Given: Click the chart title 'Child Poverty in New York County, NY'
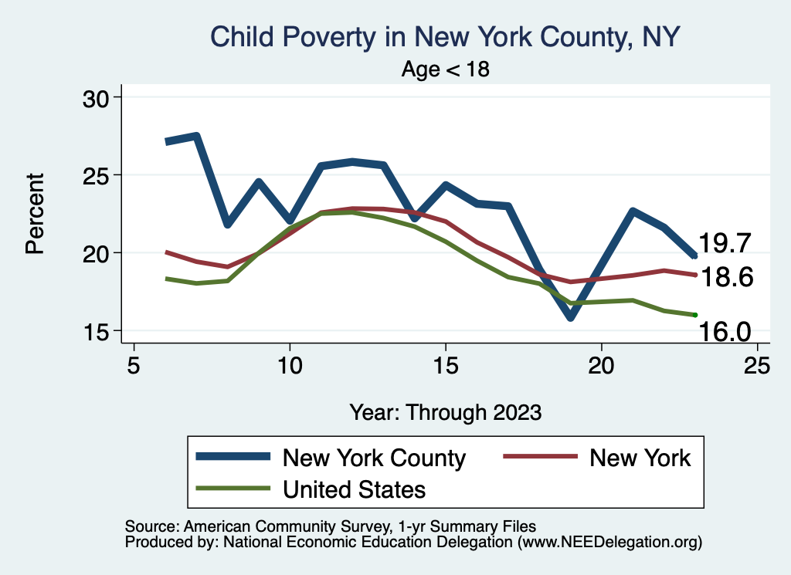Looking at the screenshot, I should (445, 37).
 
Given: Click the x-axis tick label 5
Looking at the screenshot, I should (134, 365).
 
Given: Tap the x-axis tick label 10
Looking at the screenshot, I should (290, 365).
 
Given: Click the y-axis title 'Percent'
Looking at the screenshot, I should (35, 214).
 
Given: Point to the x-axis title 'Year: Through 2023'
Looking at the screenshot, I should (445, 411).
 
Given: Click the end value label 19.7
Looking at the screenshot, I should (726, 244).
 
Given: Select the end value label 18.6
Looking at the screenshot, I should (726, 278).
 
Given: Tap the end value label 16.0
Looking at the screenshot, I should (726, 332).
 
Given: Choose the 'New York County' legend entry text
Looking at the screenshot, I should (374, 458).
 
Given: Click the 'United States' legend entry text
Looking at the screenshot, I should (354, 489).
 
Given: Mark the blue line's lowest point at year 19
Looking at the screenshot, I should (570, 316).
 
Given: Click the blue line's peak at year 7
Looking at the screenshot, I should (197, 137).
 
